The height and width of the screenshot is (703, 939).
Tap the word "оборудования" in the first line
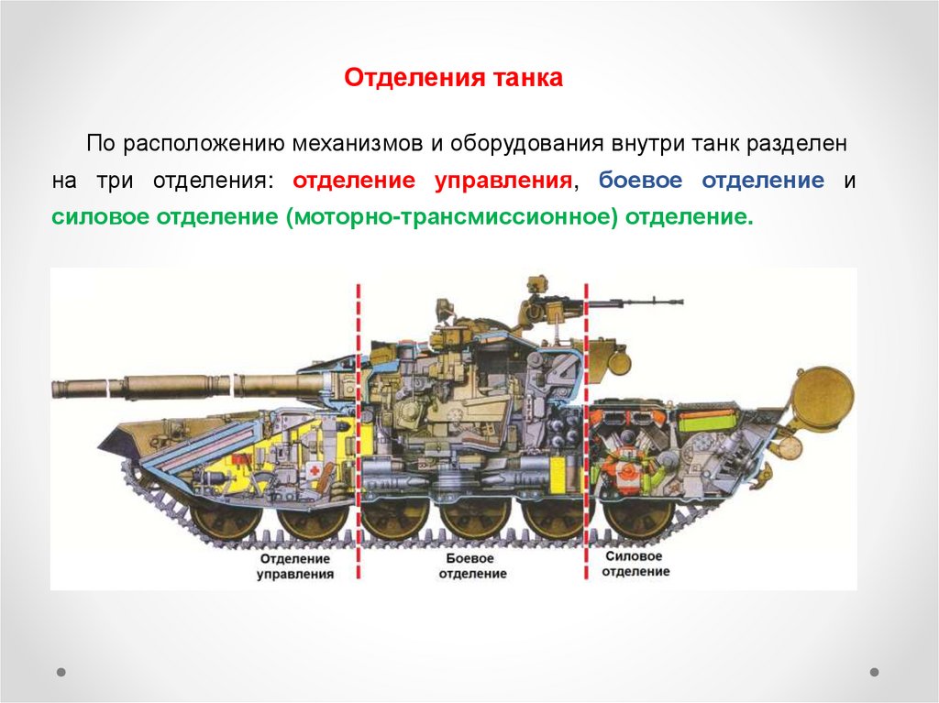pos(525,144)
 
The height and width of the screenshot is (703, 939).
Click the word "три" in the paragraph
pos(115,181)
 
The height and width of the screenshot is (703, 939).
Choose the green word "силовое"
pos(100,218)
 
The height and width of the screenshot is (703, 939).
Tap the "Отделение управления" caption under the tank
pos(295,566)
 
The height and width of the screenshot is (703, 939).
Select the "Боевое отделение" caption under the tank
pos(471,566)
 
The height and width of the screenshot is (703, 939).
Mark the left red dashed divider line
pos(358,431)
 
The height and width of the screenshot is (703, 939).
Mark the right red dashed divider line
pos(586,431)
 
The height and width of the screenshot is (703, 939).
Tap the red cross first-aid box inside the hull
pos(315,470)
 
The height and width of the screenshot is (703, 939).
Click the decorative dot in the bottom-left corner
pos(61,672)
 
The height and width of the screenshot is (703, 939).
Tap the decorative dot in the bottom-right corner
pos(874,672)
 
